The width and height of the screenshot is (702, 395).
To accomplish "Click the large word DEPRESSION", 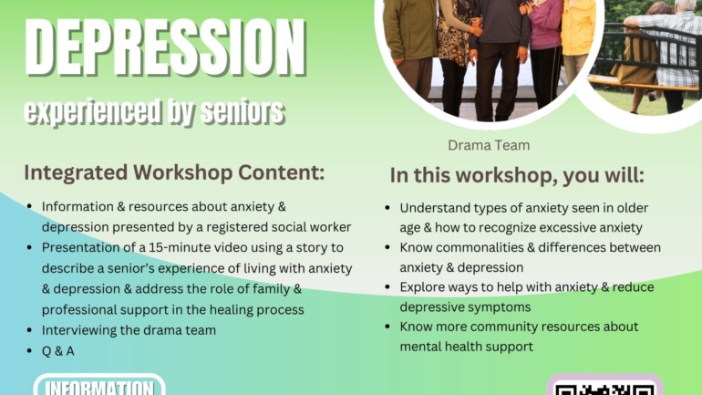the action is [165, 48].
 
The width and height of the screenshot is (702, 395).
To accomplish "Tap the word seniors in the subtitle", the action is [243, 110].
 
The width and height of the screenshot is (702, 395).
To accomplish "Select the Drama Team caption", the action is [489, 145].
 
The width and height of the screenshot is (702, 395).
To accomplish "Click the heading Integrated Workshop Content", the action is [174, 172].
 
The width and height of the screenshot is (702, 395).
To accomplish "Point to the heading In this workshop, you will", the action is [517, 175].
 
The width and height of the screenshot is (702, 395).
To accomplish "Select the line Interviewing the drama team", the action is [129, 330].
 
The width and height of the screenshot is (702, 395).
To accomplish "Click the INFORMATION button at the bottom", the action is [99, 386].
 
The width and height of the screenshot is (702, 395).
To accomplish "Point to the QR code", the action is [604, 386].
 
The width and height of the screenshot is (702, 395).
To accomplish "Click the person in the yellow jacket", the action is [577, 40].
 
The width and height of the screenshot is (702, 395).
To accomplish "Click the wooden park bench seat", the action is [644, 83].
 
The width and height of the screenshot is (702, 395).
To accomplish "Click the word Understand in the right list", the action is [435, 208].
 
